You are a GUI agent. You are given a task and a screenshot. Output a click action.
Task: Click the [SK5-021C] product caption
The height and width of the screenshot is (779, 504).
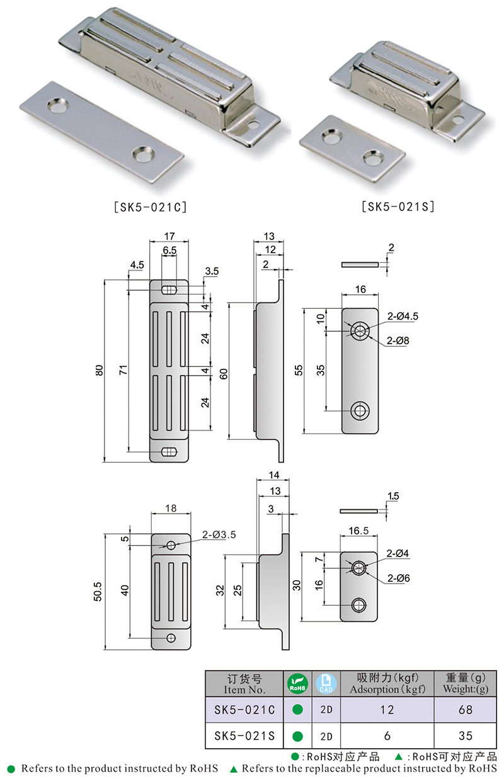pyautogui.click(x=149, y=206)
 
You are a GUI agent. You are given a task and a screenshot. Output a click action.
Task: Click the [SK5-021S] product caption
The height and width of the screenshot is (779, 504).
pyautogui.click(x=398, y=206)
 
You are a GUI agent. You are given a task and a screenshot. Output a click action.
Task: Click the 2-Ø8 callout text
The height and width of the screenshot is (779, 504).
pyautogui.click(x=398, y=340)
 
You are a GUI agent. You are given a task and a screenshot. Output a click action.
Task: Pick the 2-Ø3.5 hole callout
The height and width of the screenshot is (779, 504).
pyautogui.click(x=219, y=534)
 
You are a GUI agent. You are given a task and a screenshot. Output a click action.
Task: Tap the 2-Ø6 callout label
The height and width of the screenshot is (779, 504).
pyautogui.click(x=399, y=577)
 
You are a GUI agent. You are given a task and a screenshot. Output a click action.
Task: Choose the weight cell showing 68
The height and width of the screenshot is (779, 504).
pyautogui.click(x=466, y=710)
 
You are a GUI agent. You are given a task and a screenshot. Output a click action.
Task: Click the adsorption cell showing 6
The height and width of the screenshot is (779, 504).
pyautogui.click(x=387, y=736)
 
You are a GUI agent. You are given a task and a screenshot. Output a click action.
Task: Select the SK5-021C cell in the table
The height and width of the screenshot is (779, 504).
pyautogui.click(x=244, y=710)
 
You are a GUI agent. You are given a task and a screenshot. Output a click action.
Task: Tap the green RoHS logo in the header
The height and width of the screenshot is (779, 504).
pyautogui.click(x=297, y=683)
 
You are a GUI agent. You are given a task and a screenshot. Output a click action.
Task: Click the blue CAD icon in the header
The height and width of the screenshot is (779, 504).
pyautogui.click(x=326, y=683)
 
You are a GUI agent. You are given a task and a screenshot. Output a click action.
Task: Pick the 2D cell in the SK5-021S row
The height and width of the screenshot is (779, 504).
pyautogui.click(x=326, y=736)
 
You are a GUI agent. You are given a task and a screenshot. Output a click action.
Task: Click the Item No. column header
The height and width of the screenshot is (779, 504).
pyautogui.click(x=244, y=684)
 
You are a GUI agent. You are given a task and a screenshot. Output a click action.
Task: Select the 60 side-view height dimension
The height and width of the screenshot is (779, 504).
pyautogui.click(x=224, y=371)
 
